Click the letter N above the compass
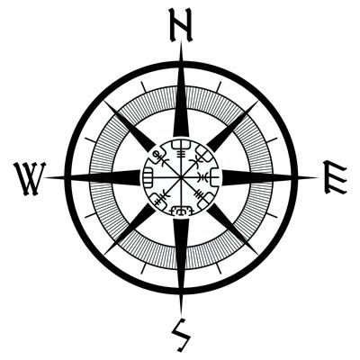[x=180, y=25]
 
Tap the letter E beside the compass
[x=336, y=177]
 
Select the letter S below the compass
[x=181, y=335]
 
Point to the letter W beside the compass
[x=30, y=179]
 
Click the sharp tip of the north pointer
[x=181, y=42]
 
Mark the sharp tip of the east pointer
[x=319, y=177]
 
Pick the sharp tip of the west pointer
[x=44, y=177]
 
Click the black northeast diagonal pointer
[x=232, y=126]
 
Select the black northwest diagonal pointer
[x=130, y=126]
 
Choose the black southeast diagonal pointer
[x=232, y=229]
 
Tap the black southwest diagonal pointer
[x=130, y=229]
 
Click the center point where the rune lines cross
[x=181, y=178]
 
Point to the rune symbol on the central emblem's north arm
[x=181, y=148]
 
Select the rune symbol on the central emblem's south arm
[x=181, y=211]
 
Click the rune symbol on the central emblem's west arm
[x=148, y=177]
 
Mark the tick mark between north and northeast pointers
[x=219, y=86]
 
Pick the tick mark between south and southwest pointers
[x=143, y=269]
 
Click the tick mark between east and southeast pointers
[x=272, y=215]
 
